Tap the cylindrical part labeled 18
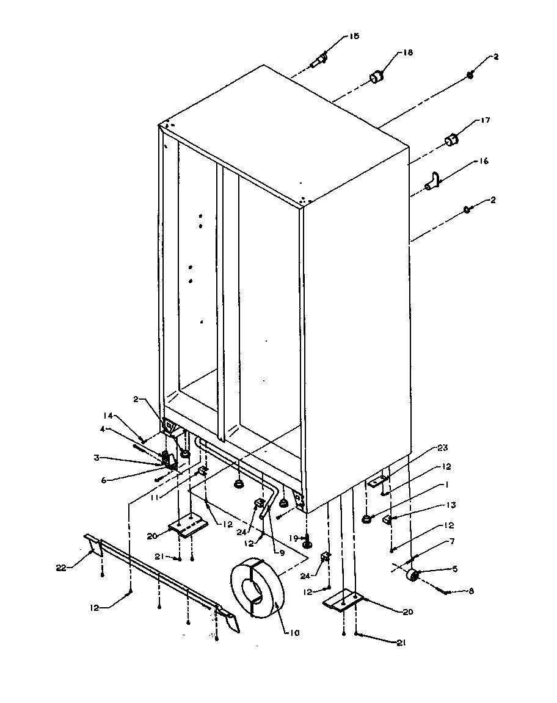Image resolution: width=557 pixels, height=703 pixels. tap(376, 78)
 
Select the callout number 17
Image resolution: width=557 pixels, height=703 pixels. tap(486, 121)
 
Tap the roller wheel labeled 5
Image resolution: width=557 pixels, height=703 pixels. tap(413, 575)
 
